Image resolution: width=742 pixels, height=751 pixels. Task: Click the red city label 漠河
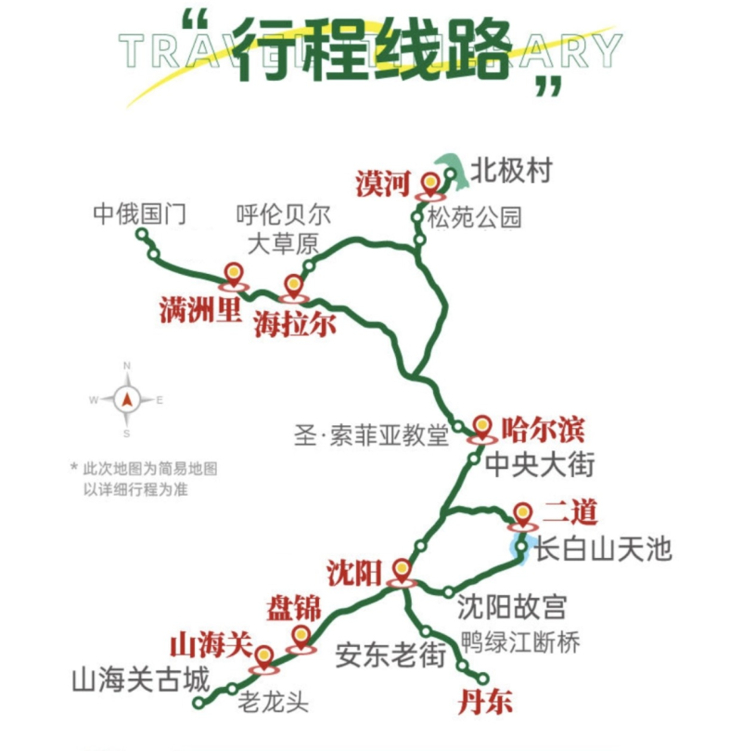tap(381, 183)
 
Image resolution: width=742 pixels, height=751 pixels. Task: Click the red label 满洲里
tap(199, 311)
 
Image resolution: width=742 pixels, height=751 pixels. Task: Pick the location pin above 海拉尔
tap(294, 286)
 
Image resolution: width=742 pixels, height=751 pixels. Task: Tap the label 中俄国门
tap(140, 214)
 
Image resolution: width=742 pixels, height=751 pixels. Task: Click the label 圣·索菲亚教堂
tap(371, 434)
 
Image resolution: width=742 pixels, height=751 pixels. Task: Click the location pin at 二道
tap(523, 514)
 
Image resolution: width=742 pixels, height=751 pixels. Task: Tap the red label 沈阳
tap(353, 571)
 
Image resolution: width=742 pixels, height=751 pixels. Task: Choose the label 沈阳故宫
tap(511, 607)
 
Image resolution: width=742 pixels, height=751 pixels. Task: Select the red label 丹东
tap(484, 703)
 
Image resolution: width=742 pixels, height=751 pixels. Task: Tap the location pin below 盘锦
tap(301, 638)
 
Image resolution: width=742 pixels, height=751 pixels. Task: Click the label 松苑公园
tap(474, 218)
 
